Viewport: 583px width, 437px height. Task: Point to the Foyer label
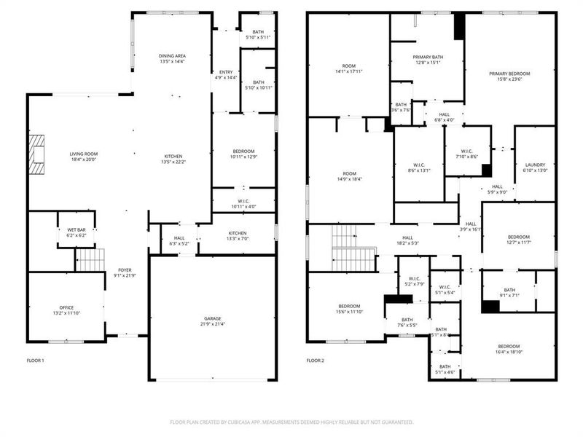click(x=125, y=269)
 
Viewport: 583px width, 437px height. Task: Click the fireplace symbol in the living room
click(x=36, y=151)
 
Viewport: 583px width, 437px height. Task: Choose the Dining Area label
click(x=173, y=56)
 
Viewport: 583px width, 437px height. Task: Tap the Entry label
click(x=226, y=72)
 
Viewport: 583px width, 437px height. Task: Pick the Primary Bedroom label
click(x=509, y=74)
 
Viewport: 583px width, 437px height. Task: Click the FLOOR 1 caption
click(x=36, y=361)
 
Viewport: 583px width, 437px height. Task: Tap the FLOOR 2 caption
click(x=316, y=361)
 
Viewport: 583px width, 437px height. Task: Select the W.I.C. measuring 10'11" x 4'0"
click(x=243, y=207)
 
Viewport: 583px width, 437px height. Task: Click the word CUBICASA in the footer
click(x=286, y=422)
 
